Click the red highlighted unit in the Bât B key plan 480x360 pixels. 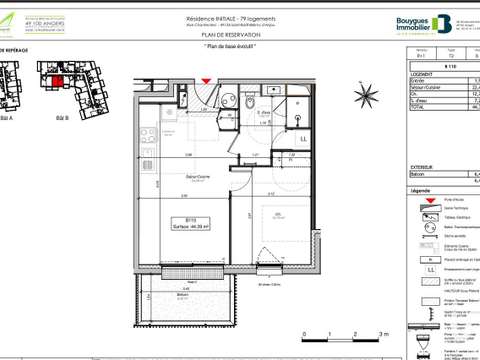tap(59, 81)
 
